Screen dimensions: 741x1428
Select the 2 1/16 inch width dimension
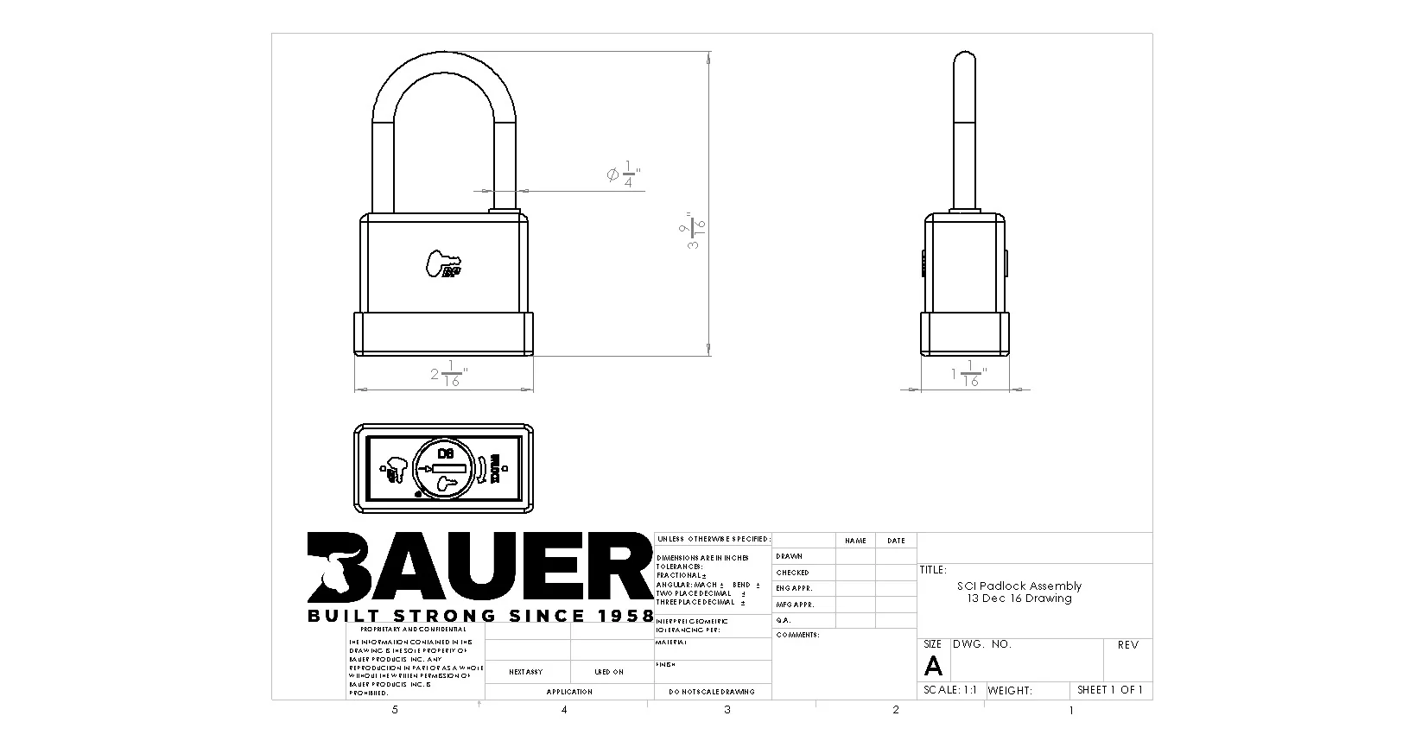(x=448, y=375)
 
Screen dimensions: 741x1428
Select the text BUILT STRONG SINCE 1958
(x=480, y=616)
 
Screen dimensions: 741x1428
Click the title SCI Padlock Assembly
(x=1019, y=586)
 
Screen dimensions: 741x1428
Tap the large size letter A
(x=933, y=666)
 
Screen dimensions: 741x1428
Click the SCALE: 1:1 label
(x=949, y=690)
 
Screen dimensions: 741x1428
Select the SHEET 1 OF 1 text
(x=1109, y=690)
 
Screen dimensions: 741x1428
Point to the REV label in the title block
(x=1127, y=645)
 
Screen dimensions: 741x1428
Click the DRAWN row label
(x=790, y=556)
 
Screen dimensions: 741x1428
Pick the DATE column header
(x=896, y=541)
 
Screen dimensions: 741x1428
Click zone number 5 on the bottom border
(x=395, y=710)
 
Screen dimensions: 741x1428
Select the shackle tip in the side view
(x=964, y=60)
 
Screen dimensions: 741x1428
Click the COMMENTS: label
(x=797, y=635)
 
